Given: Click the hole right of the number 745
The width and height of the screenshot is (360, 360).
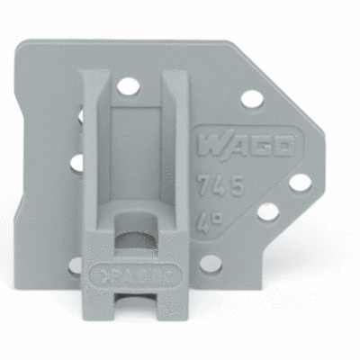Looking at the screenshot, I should [299, 183].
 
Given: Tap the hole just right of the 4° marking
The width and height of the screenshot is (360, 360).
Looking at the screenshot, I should [267, 212].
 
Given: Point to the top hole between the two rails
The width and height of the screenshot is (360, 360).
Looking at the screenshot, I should [129, 87].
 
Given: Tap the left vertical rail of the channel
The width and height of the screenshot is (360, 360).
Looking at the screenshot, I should [97, 162].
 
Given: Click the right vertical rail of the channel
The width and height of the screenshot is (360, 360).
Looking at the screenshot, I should [170, 162].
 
